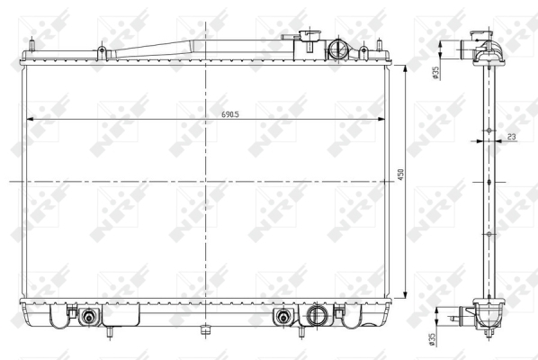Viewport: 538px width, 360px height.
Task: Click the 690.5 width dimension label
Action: tap(230, 114)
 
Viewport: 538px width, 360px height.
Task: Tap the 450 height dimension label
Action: tap(400, 175)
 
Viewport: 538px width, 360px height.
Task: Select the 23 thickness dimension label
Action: tap(511, 137)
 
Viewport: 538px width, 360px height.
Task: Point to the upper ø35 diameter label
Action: tap(435, 73)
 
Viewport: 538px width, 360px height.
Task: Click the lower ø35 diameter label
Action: tap(432, 338)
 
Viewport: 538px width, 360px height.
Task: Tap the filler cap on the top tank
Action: tap(309, 34)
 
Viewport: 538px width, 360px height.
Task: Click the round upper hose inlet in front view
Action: tap(337, 50)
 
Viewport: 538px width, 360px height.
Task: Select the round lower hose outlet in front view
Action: tap(315, 315)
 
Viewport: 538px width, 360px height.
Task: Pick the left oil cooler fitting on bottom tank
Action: tap(89, 316)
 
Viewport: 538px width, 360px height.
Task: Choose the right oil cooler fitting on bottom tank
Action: tap(283, 316)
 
